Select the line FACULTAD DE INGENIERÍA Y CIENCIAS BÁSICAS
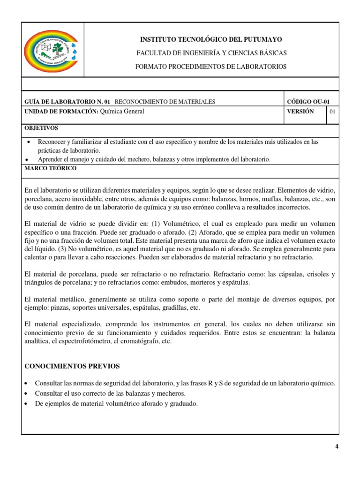pyautogui.click(x=211, y=53)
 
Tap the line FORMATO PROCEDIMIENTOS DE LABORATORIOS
pyautogui.click(x=210, y=67)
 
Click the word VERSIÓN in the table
pyautogui.click(x=300, y=112)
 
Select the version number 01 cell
pyautogui.click(x=332, y=112)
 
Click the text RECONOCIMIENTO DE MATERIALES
pyautogui.click(x=165, y=102)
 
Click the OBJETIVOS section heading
pyautogui.click(x=41, y=128)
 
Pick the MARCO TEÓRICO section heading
pyautogui.click(x=50, y=168)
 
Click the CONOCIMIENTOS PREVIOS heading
pyautogui.click(x=72, y=366)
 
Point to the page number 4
pyautogui.click(x=336, y=446)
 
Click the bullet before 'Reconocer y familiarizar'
pyautogui.click(x=30, y=142)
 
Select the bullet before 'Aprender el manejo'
pyautogui.click(x=30, y=160)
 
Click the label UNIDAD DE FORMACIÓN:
pyautogui.click(x=61, y=112)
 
